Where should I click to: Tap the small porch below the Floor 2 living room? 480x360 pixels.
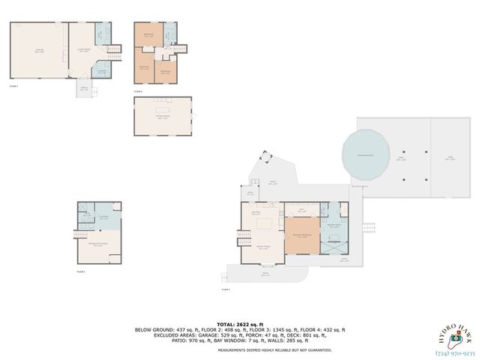[x=84, y=88]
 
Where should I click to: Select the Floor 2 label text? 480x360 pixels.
[x=13, y=86]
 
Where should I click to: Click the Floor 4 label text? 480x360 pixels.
[x=138, y=91]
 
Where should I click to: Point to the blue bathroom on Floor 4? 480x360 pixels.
[x=170, y=33]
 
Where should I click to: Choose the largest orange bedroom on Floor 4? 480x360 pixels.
[x=148, y=35]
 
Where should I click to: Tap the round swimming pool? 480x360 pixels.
[x=365, y=156]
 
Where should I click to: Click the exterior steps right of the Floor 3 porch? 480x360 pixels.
[x=367, y=228]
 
